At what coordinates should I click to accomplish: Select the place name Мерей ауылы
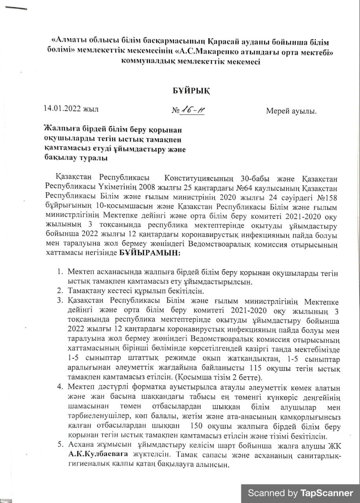pos(291,112)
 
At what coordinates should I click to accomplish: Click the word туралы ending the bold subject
pos(88,158)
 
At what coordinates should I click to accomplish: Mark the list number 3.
pos(60,301)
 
